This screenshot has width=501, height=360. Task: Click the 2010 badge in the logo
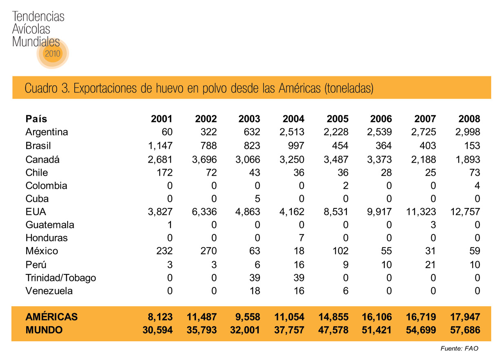click(x=53, y=53)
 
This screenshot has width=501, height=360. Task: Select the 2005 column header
click(x=337, y=119)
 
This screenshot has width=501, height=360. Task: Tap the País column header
click(x=36, y=119)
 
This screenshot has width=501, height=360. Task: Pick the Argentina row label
click(x=47, y=132)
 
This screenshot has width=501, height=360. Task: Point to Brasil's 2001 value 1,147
click(x=160, y=146)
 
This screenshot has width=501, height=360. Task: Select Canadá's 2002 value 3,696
click(x=204, y=159)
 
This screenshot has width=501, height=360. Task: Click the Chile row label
click(x=37, y=172)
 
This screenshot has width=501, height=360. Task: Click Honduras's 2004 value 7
click(x=301, y=238)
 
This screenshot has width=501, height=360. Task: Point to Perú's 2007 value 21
click(x=430, y=265)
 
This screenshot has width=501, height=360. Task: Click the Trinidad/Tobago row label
click(x=61, y=278)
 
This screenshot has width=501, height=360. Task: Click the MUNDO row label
click(x=44, y=330)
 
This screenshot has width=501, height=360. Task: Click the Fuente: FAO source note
click(x=459, y=349)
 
